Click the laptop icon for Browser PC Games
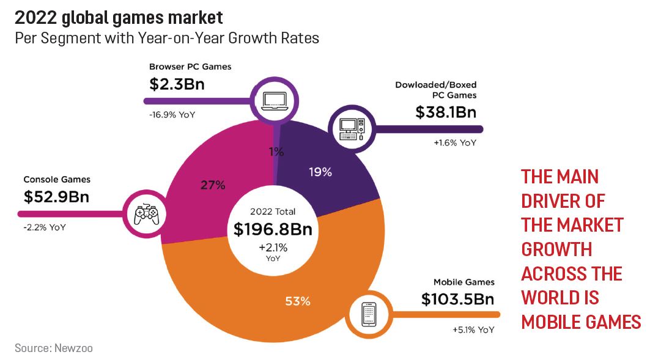pyautogui.click(x=275, y=100)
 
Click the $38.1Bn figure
pyautogui.click(x=446, y=112)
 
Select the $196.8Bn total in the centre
pyautogui.click(x=273, y=229)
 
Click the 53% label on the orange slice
pyautogui.click(x=298, y=301)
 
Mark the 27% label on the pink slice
pyautogui.click(x=213, y=185)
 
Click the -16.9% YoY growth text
pyautogui.click(x=173, y=114)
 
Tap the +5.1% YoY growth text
pyautogui.click(x=473, y=330)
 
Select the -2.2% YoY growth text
pyautogui.click(x=45, y=227)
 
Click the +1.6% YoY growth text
pyautogui.click(x=454, y=143)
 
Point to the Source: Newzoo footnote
pyautogui.click(x=54, y=348)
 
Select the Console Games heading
pyautogui.click(x=57, y=180)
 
